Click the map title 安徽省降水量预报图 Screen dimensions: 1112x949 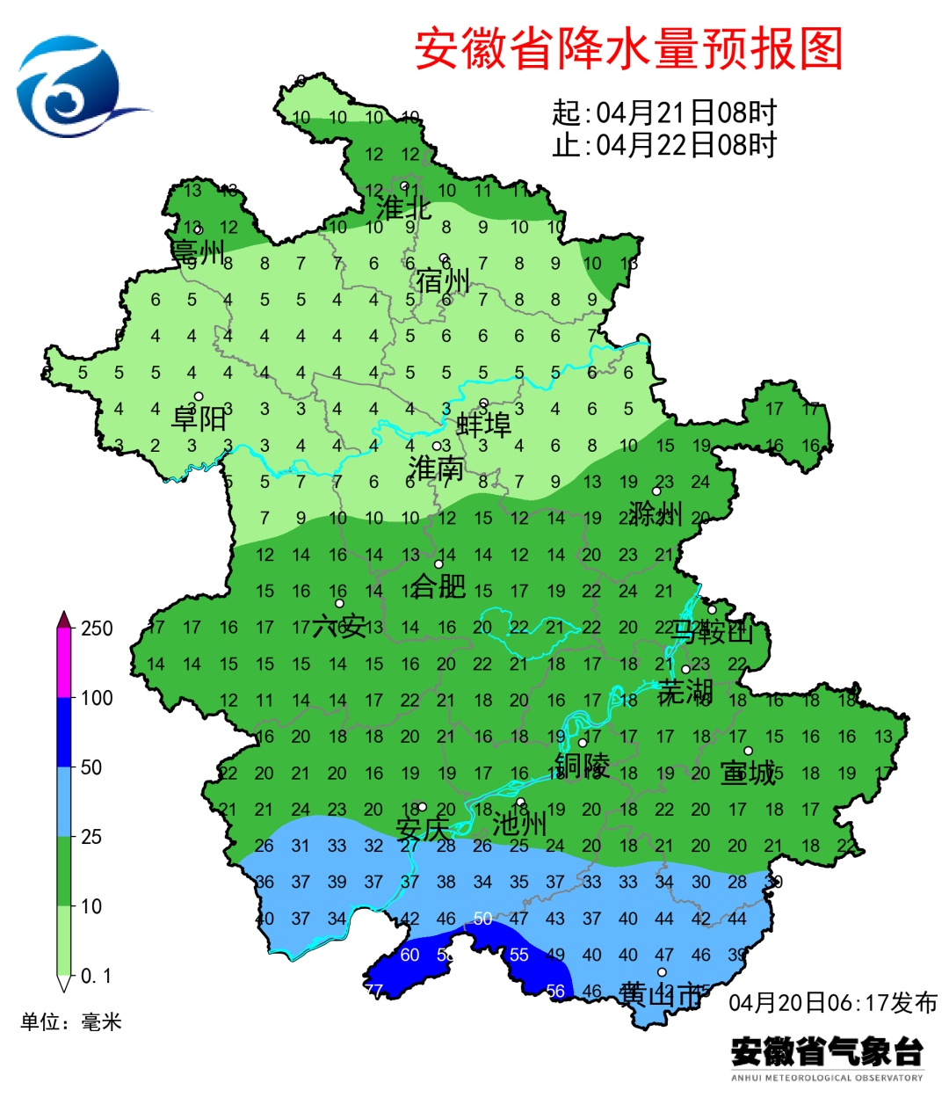[628, 49]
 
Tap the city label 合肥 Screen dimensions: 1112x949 [438, 585]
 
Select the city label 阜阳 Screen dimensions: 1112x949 [199, 418]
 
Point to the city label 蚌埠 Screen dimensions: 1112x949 [484, 425]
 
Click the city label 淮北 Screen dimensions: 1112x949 [403, 208]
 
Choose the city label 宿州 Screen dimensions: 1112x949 [444, 281]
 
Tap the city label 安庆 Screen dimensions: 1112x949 [422, 829]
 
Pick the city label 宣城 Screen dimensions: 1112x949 [748, 773]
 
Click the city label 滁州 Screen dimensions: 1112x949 [656, 513]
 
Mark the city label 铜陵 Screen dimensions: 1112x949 [582, 765]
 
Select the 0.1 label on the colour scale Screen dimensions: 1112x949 [96, 977]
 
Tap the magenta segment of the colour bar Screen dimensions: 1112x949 [64, 663]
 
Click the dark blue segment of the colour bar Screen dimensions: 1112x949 [64, 732]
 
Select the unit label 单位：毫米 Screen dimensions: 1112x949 [71, 1021]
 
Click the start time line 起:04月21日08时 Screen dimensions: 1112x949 [664, 113]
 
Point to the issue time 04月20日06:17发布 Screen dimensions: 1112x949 [832, 1002]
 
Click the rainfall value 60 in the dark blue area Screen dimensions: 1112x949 [410, 955]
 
